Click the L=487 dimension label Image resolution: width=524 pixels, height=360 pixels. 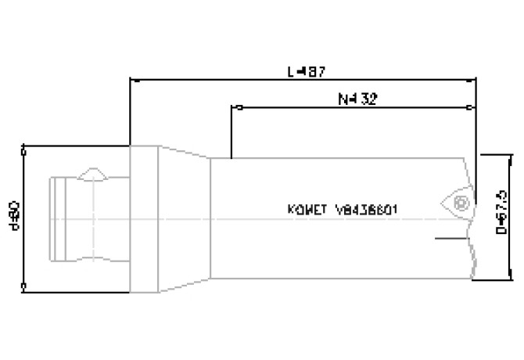click(x=307, y=71)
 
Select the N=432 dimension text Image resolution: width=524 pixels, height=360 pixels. click(x=357, y=99)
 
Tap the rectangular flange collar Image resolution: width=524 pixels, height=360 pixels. click(x=145, y=217)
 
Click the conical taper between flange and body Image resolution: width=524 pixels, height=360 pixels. click(x=185, y=217)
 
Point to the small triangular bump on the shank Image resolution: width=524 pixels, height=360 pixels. click(x=93, y=173)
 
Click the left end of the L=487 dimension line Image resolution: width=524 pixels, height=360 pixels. click(x=131, y=79)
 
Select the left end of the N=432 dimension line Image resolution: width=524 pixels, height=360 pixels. click(x=234, y=107)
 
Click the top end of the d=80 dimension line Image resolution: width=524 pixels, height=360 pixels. click(x=25, y=146)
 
